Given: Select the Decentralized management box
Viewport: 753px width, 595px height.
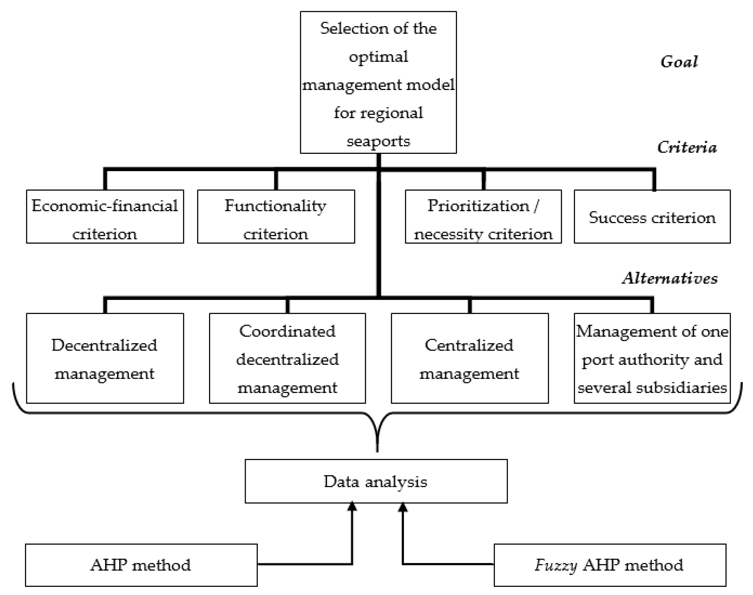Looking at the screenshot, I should pyautogui.click(x=105, y=358).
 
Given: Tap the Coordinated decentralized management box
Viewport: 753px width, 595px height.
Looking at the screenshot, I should pyautogui.click(x=287, y=358).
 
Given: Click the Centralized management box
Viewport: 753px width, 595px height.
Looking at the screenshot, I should pyautogui.click(x=470, y=358).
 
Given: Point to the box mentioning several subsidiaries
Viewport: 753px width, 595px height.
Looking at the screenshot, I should pyautogui.click(x=652, y=358).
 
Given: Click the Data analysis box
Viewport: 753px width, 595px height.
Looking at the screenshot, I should pyautogui.click(x=376, y=481).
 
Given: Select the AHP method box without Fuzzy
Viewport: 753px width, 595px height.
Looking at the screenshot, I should pyautogui.click(x=141, y=565).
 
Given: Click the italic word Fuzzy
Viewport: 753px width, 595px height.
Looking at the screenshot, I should pyautogui.click(x=556, y=565).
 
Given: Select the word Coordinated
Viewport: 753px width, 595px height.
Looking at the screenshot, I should pyautogui.click(x=287, y=331).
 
